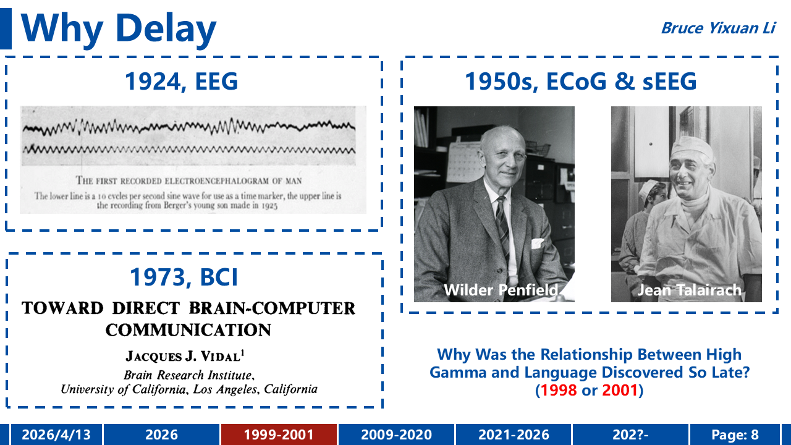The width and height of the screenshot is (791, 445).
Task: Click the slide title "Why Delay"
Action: pyautogui.click(x=118, y=29)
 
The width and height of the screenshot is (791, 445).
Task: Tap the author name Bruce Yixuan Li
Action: pyautogui.click(x=718, y=28)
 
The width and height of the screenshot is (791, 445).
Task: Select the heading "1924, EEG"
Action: pyautogui.click(x=182, y=81)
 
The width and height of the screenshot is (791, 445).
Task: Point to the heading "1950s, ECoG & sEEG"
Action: pyautogui.click(x=580, y=81)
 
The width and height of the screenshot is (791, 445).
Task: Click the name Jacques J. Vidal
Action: pyautogui.click(x=185, y=355)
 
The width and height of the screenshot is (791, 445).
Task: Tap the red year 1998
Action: pyautogui.click(x=559, y=390)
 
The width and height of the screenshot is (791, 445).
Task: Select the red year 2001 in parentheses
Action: pyautogui.click(x=620, y=390)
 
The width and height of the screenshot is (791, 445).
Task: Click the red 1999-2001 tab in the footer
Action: pyautogui.click(x=279, y=434)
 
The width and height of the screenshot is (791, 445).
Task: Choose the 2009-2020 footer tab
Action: pyautogui.click(x=396, y=434)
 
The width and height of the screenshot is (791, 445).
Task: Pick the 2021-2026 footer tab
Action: pyautogui.click(x=514, y=434)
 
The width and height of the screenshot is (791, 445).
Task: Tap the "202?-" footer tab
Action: pyautogui.click(x=630, y=434)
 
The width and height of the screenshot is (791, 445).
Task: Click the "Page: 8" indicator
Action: pyautogui.click(x=735, y=434)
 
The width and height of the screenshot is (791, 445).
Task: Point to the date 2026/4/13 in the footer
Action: pyautogui.click(x=56, y=434)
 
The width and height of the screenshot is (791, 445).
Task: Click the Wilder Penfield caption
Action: pyautogui.click(x=501, y=290)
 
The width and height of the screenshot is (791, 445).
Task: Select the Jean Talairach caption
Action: pyautogui.click(x=689, y=290)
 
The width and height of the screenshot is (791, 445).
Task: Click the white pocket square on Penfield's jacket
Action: pyautogui.click(x=538, y=243)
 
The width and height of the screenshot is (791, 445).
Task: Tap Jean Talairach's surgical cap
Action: pyautogui.click(x=692, y=148)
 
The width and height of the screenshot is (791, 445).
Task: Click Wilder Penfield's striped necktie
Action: pyautogui.click(x=502, y=222)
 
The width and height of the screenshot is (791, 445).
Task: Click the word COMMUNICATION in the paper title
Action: pyautogui.click(x=188, y=330)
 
